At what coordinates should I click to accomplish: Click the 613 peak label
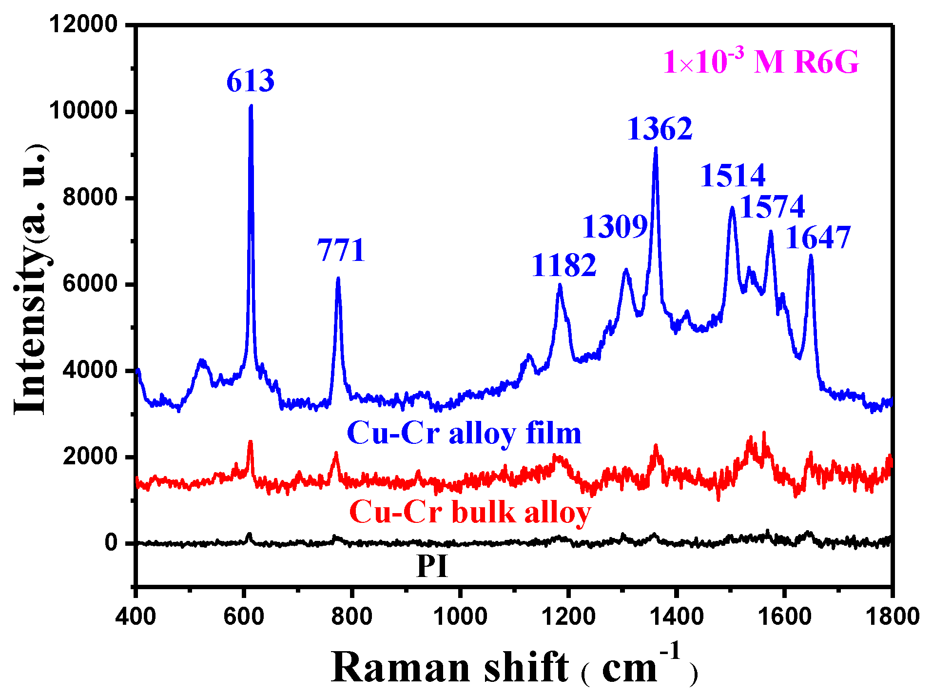tap(250, 81)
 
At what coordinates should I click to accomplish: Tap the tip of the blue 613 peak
tap(251, 106)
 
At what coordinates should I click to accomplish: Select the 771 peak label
tap(341, 251)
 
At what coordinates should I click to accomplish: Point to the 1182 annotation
tap(563, 266)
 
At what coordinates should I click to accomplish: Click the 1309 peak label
tap(615, 227)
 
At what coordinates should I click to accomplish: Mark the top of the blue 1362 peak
tap(656, 148)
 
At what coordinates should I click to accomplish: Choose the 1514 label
tap(733, 176)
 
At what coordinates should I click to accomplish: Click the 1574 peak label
tap(772, 207)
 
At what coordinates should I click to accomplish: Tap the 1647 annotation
tap(818, 238)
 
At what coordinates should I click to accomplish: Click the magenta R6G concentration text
tap(760, 62)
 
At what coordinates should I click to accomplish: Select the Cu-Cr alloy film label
tap(464, 433)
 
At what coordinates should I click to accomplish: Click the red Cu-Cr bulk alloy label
tap(470, 512)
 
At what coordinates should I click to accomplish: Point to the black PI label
tap(432, 567)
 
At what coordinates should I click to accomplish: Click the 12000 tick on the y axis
tap(83, 24)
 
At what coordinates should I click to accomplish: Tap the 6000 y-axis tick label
tap(90, 284)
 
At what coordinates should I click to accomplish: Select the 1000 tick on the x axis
tap(460, 616)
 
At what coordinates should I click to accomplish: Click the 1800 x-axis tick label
tap(892, 616)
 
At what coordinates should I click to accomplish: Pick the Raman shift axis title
tap(514, 667)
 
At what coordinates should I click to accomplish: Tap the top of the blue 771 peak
tap(338, 278)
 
